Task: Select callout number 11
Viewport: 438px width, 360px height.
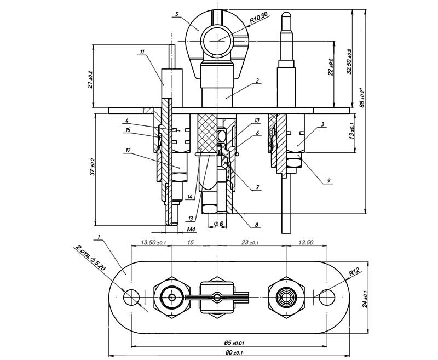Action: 142,52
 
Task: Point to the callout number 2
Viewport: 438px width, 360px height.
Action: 256,80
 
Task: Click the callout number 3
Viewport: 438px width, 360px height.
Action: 324,124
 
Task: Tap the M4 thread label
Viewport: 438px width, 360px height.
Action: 192,228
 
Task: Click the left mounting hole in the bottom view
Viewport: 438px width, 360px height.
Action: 131,298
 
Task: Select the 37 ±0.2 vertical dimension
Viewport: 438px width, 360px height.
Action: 91,168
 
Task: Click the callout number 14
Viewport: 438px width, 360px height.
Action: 189,196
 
